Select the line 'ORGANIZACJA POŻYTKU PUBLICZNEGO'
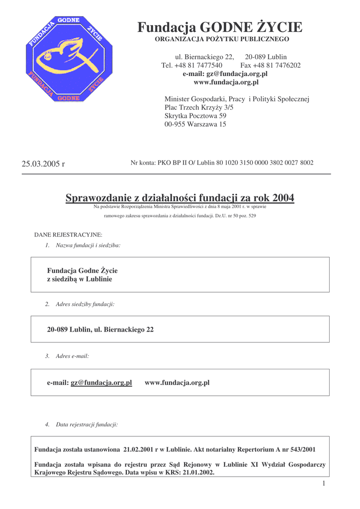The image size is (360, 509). tap(222, 39)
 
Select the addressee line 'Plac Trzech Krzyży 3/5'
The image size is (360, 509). tap(199, 107)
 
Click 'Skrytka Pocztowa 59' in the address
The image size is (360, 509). tap(195, 116)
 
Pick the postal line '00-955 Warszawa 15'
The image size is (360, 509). tap(195, 124)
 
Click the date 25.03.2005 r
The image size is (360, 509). tap(43, 164)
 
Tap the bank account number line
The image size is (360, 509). tap(222, 163)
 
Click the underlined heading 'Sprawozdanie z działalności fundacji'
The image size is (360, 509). tap(180, 198)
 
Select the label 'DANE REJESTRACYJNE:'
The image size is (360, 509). tap(68, 235)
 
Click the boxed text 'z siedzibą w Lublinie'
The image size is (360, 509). tap(79, 279)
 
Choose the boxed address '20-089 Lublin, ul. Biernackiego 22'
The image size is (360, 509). tap(100, 330)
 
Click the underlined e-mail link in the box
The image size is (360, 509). tap(101, 383)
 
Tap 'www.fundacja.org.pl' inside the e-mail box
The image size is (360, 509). tap(177, 383)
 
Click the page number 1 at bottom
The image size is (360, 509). tap(323, 484)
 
